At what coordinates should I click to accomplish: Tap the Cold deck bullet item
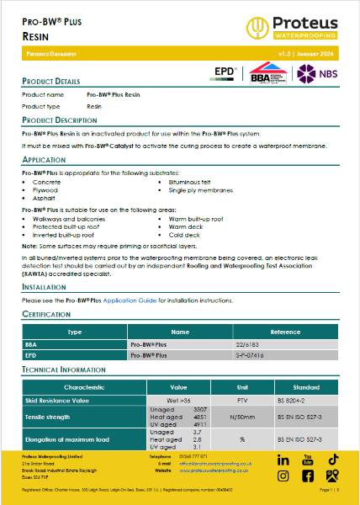coord(183,235)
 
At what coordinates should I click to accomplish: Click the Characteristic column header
coord(84,387)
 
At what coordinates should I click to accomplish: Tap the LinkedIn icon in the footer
coord(283,460)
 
